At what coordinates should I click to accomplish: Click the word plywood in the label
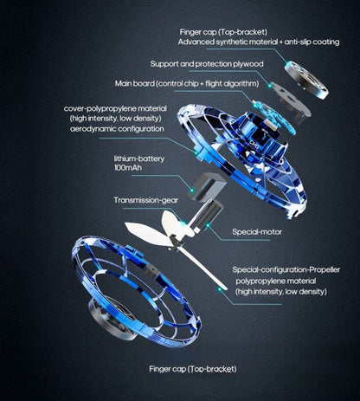[x=248, y=64]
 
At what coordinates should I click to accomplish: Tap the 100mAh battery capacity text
[x=128, y=168]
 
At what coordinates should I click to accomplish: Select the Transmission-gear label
[x=145, y=200]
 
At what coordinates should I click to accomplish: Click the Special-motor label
[x=257, y=232]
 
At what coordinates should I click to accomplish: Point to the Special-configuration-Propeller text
[x=286, y=270]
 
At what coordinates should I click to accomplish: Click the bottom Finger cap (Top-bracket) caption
[x=193, y=369]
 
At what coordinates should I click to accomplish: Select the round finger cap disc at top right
[x=306, y=80]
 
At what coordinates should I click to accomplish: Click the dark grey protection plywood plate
[x=291, y=101]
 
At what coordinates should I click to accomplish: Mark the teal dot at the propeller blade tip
[x=220, y=288]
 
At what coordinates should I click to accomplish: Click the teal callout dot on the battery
[x=190, y=191]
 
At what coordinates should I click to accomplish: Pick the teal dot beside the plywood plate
[x=269, y=86]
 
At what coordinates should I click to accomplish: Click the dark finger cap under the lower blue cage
[x=111, y=319]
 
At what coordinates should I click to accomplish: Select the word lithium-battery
[x=139, y=158]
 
